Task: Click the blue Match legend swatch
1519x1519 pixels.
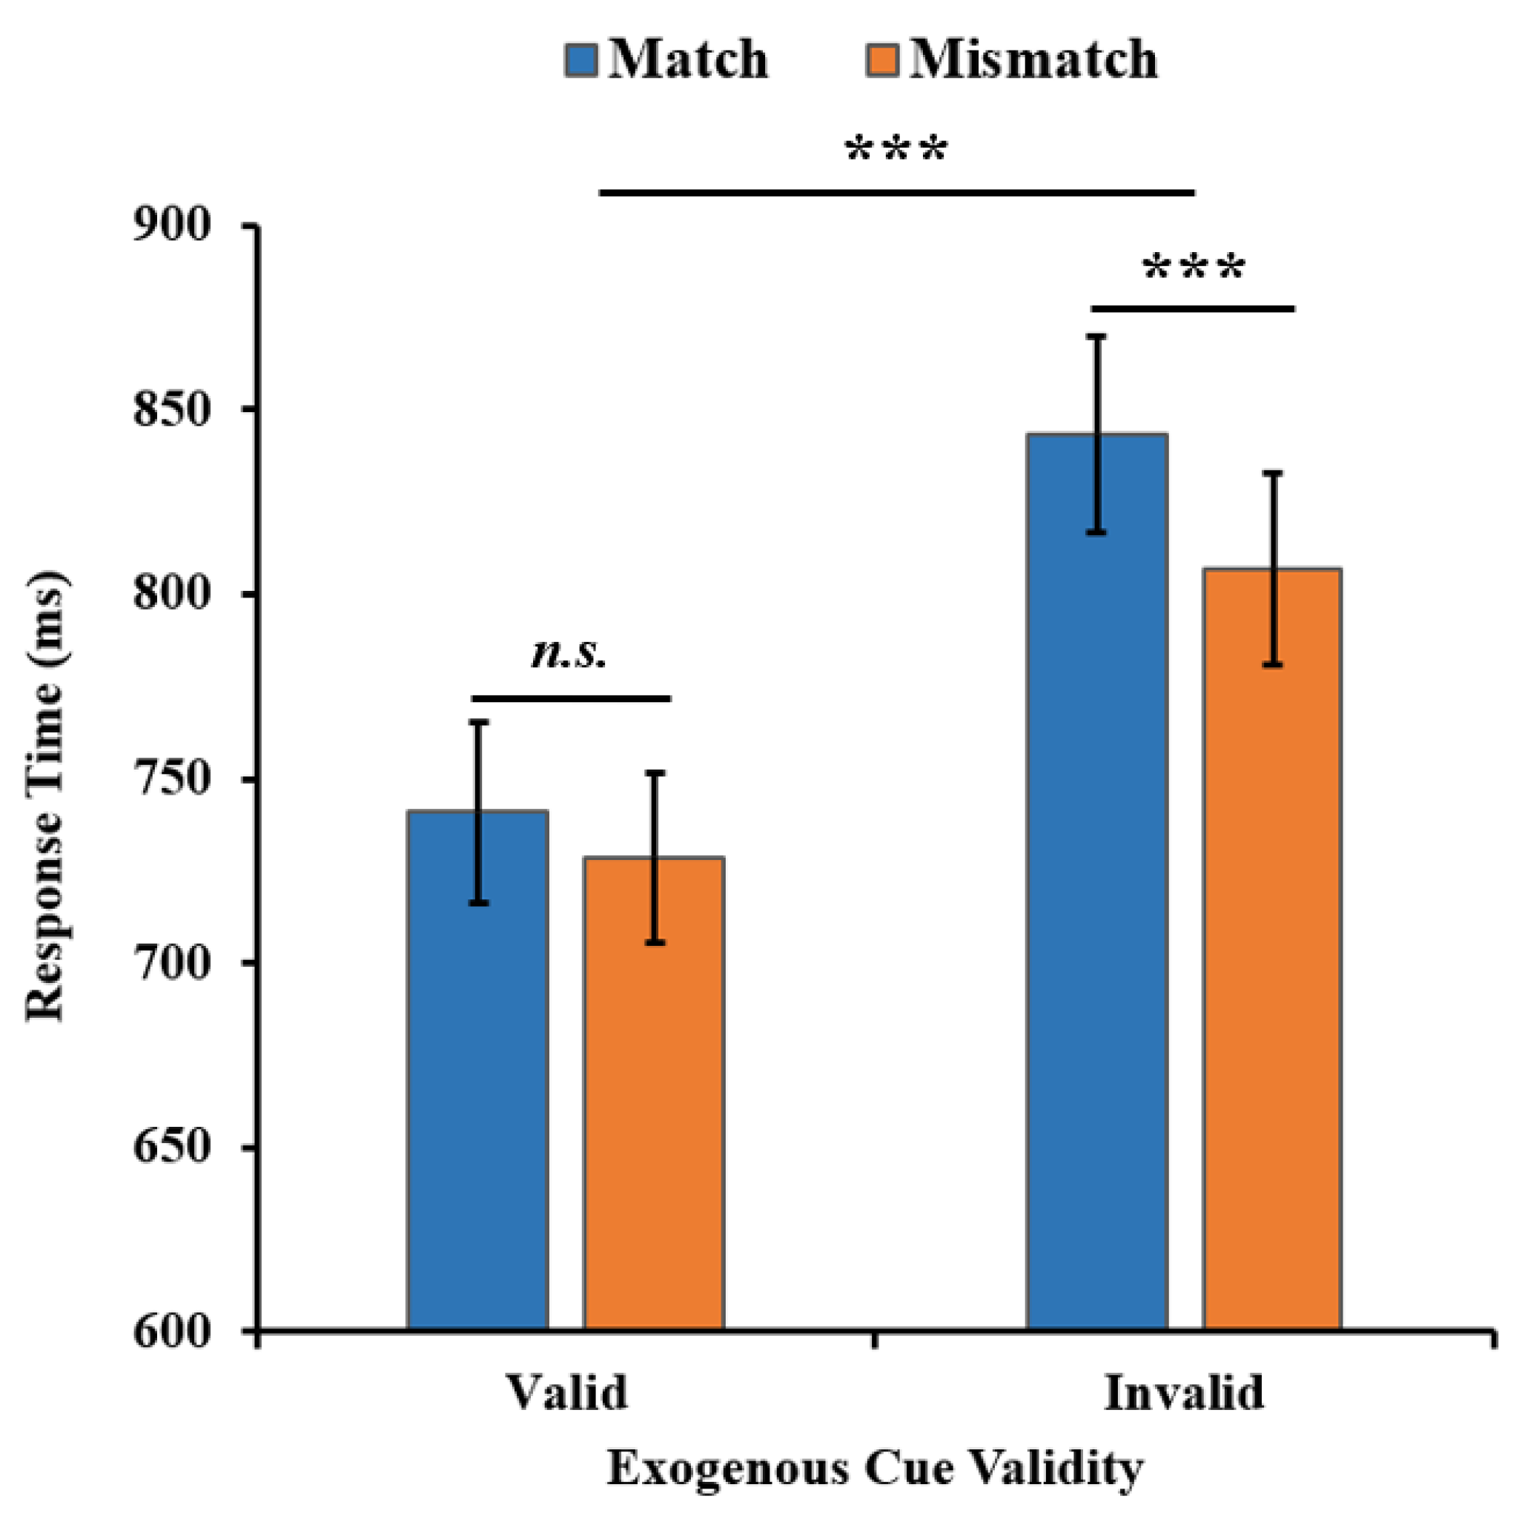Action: pyautogui.click(x=581, y=60)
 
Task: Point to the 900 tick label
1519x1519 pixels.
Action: pyautogui.click(x=172, y=226)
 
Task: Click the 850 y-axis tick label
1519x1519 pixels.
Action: pyautogui.click(x=172, y=410)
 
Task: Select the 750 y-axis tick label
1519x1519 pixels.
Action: pyautogui.click(x=172, y=779)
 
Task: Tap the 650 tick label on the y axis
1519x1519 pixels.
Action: pyautogui.click(x=172, y=1147)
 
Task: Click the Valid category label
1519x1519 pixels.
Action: pyautogui.click(x=567, y=1393)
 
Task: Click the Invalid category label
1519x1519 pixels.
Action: pyautogui.click(x=1184, y=1393)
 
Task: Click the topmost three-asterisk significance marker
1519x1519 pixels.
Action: pyautogui.click(x=896, y=150)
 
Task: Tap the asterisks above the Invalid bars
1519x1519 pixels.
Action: pyautogui.click(x=1194, y=269)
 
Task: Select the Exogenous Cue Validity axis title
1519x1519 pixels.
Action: pyautogui.click(x=874, y=1467)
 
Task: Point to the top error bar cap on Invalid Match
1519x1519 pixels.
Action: pyautogui.click(x=1096, y=336)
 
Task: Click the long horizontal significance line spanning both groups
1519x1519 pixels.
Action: pyautogui.click(x=896, y=192)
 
